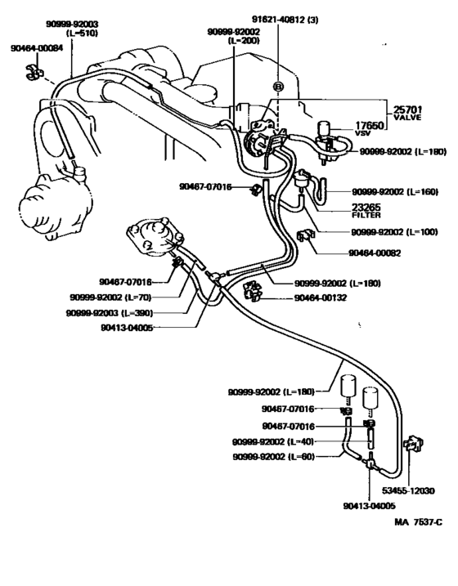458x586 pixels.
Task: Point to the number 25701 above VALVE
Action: tap(408, 110)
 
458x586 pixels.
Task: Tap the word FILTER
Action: tap(366, 217)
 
